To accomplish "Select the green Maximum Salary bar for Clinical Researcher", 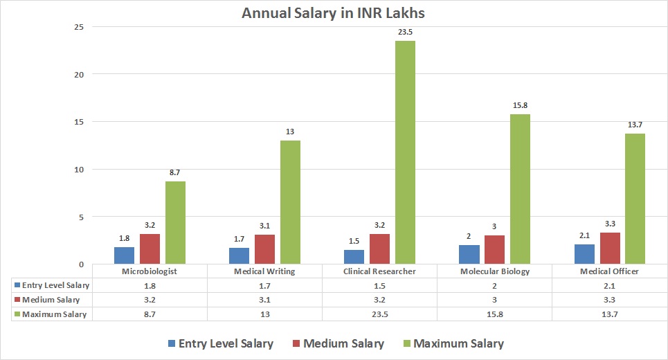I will tap(405, 152).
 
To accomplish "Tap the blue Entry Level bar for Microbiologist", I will tap(124, 255).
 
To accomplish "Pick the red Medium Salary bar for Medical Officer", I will tap(610, 249).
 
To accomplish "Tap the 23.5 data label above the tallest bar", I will tap(406, 32).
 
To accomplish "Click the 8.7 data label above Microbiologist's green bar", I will tap(175, 172).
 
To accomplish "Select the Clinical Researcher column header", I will tap(380, 271).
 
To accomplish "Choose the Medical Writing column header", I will tap(265, 271).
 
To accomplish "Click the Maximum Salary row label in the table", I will tap(55, 314).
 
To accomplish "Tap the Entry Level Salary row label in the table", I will tap(55, 285).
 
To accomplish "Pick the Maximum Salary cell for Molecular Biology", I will tap(494, 314).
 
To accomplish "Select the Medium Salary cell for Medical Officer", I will tap(609, 300).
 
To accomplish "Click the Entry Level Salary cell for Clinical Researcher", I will tap(379, 285).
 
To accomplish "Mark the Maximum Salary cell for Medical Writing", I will tap(265, 314).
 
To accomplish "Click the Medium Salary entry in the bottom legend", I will tap(336, 343).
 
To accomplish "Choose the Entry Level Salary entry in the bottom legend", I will tap(220, 343).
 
